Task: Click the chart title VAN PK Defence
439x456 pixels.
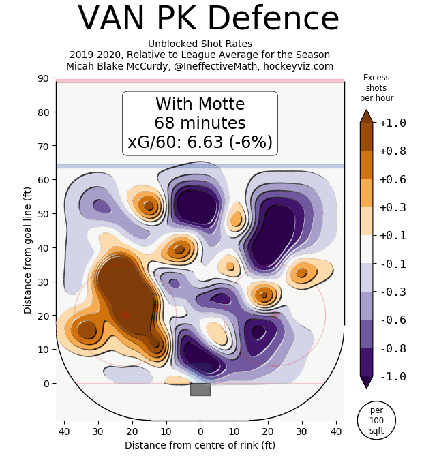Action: tap(208, 19)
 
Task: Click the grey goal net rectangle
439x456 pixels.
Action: tap(200, 389)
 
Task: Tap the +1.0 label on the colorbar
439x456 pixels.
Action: tap(393, 123)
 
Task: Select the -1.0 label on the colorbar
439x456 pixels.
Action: tap(393, 376)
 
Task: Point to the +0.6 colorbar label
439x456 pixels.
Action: tap(393, 179)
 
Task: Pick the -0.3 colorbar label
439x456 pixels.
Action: tap(393, 292)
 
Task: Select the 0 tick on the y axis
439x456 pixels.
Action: tap(46, 384)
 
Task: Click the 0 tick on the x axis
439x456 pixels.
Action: tap(200, 431)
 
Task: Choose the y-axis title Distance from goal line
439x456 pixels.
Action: tap(28, 249)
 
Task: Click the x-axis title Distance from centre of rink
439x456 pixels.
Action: tap(200, 445)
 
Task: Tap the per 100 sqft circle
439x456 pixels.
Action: tap(376, 421)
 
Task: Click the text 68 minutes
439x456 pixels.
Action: tap(200, 123)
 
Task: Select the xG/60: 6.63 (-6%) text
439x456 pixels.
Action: tap(200, 142)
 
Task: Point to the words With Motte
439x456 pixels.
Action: tap(200, 104)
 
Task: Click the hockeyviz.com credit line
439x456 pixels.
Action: tap(200, 66)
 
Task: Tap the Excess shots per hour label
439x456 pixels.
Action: tap(376, 88)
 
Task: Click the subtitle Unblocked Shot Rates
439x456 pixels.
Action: tap(200, 44)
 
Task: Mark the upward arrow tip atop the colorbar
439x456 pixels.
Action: tap(366, 111)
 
